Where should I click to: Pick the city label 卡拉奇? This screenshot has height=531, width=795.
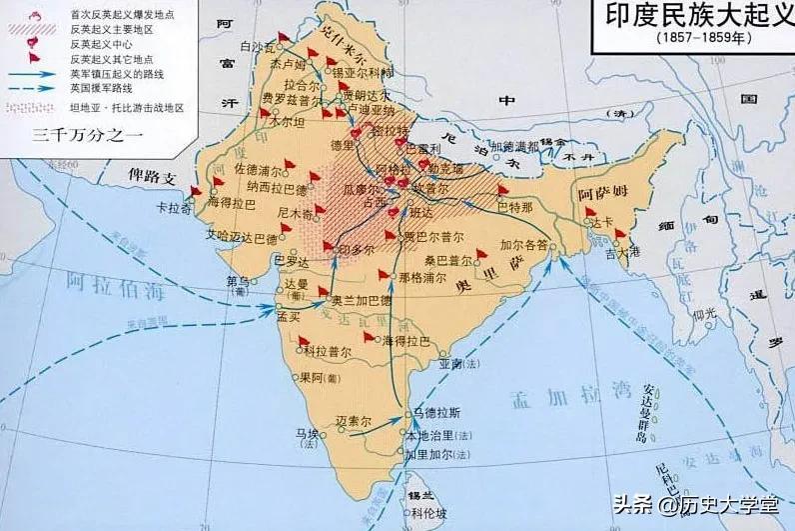(174, 209)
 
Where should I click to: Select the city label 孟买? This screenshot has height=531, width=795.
(288, 315)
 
